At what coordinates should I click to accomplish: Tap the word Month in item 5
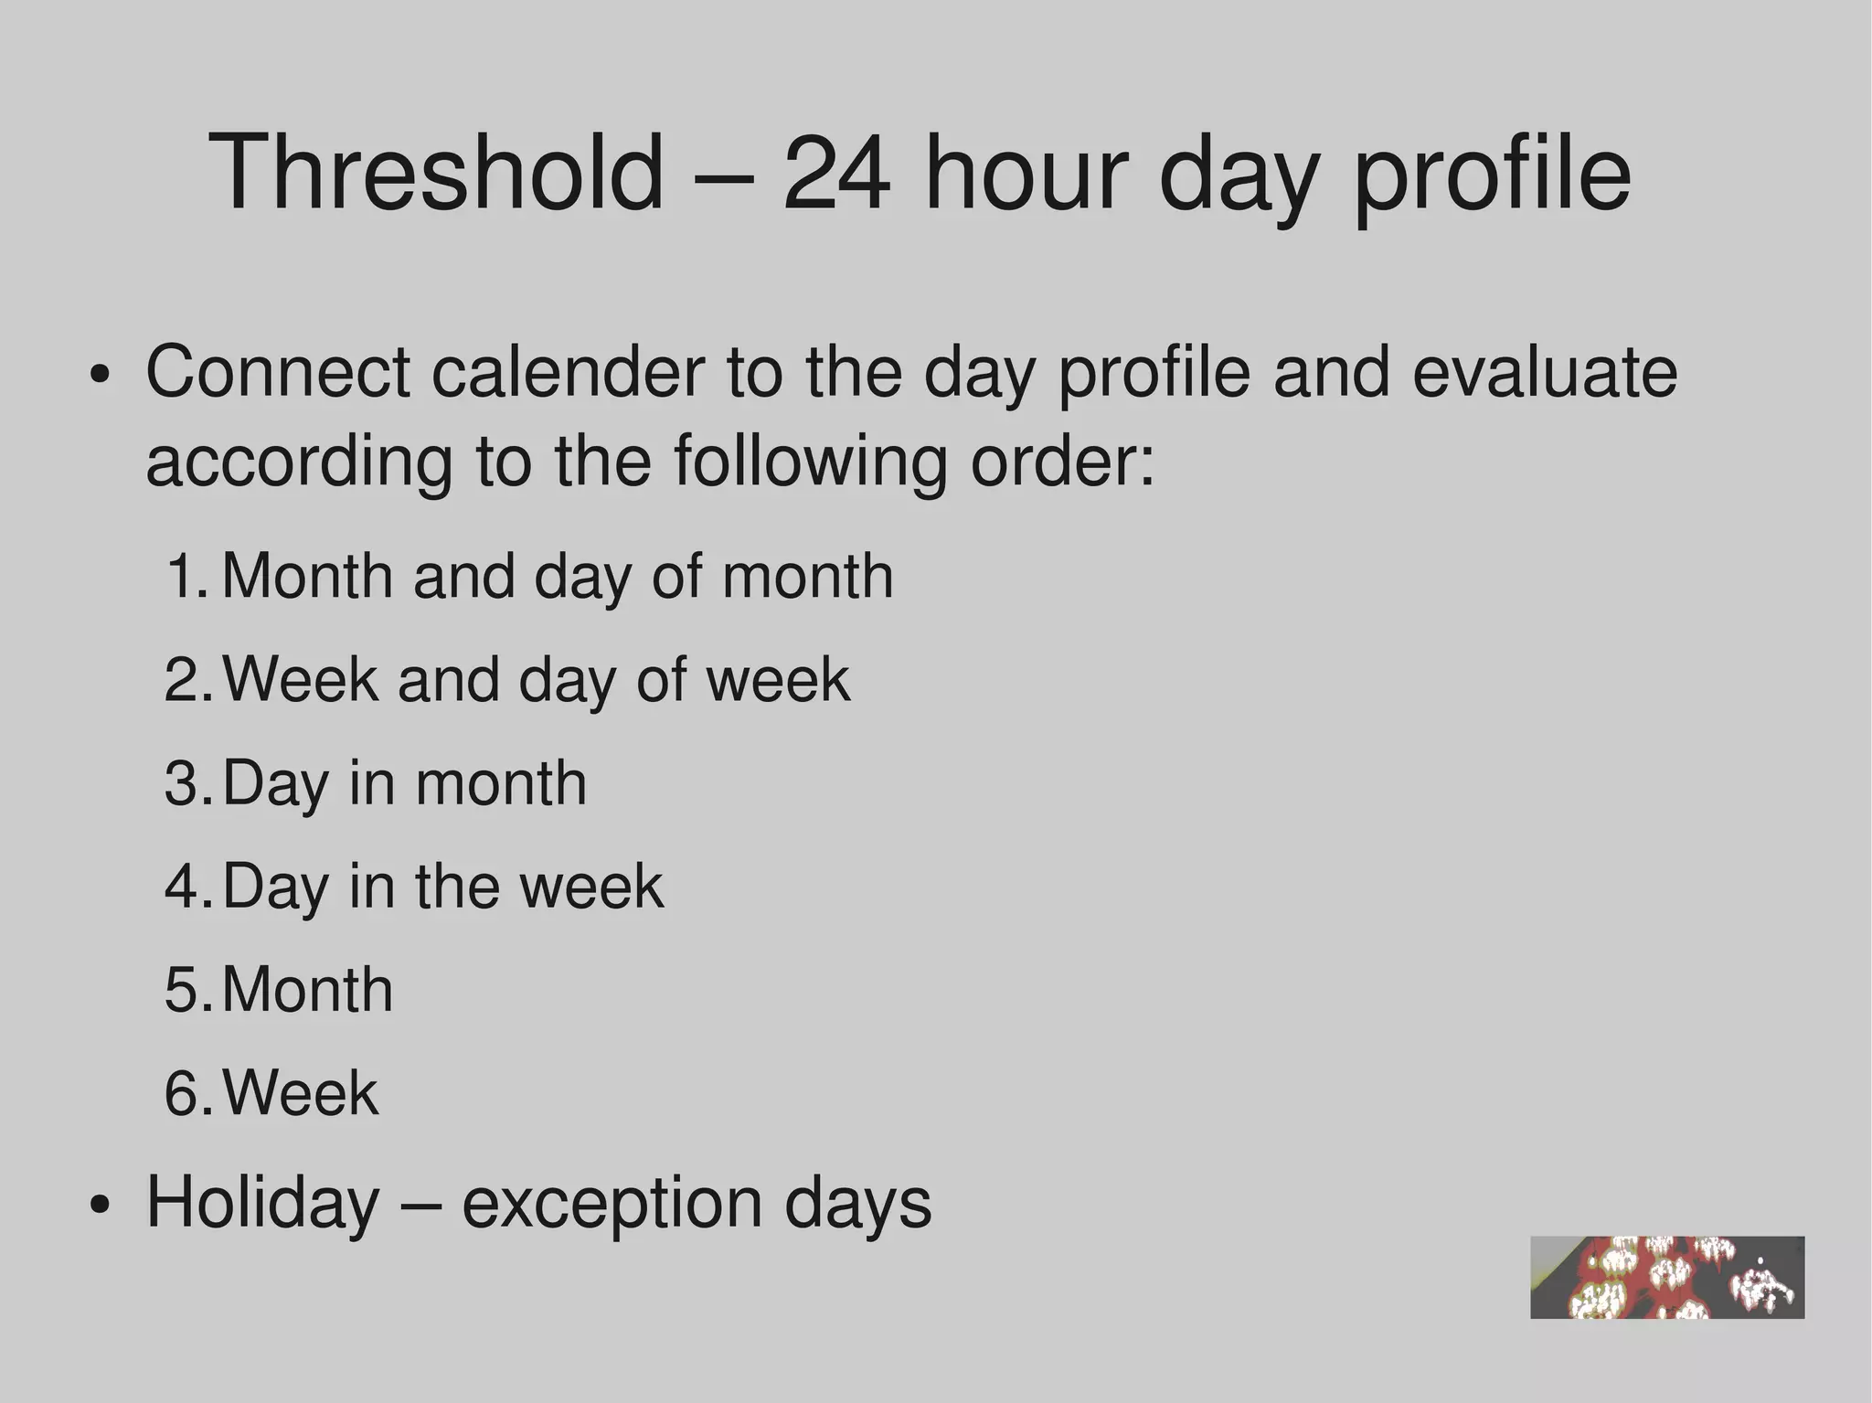pyautogui.click(x=307, y=990)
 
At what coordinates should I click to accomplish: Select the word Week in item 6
pyautogui.click(x=300, y=1093)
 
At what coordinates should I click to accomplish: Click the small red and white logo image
pyautogui.click(x=1666, y=1277)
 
